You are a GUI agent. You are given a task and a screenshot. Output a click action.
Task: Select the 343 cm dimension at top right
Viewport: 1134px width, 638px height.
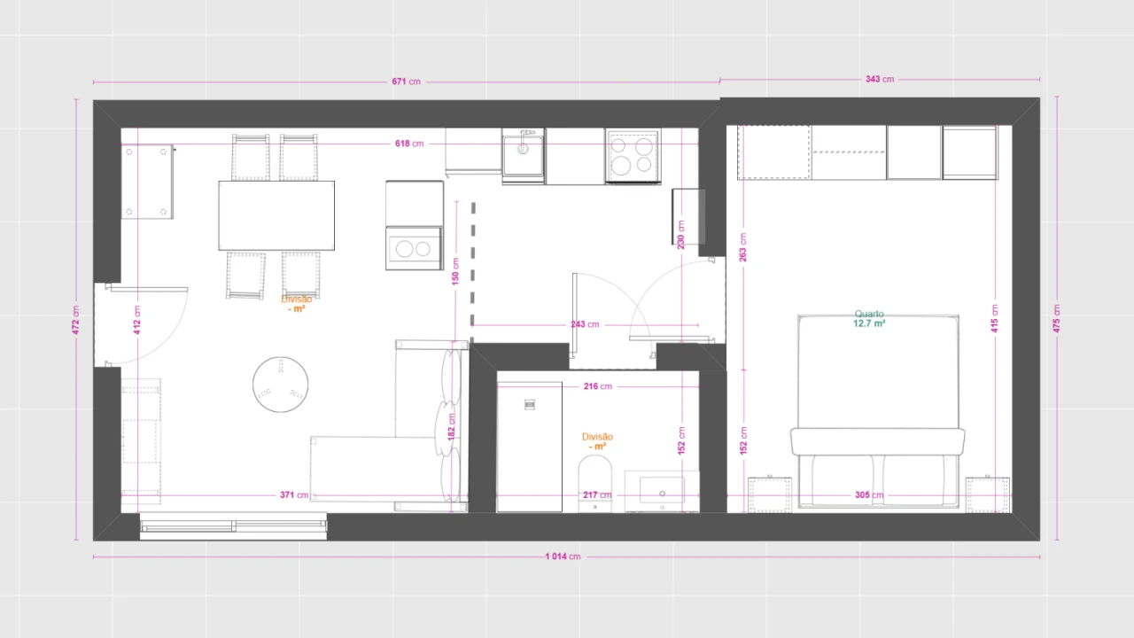coord(879,80)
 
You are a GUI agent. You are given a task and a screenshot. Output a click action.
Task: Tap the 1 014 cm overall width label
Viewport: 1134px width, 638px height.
coord(563,556)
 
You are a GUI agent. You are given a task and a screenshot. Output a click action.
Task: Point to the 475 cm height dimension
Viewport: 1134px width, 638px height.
coord(1056,319)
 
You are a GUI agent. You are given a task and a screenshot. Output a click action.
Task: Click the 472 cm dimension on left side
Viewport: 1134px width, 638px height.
coord(75,320)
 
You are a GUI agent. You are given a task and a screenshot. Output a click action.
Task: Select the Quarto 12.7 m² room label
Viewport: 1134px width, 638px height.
coord(869,319)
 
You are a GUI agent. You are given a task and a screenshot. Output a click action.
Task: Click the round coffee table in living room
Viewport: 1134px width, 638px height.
coord(280,385)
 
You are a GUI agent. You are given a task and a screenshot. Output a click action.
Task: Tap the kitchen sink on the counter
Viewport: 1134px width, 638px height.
coord(523,157)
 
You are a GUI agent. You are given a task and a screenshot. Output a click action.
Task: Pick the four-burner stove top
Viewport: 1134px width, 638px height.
coord(633,157)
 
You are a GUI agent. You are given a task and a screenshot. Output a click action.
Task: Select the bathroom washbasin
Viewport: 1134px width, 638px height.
coord(661,490)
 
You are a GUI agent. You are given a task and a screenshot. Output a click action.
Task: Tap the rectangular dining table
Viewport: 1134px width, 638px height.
coord(276,215)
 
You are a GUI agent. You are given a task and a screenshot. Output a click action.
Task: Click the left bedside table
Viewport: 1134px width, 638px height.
coord(770,494)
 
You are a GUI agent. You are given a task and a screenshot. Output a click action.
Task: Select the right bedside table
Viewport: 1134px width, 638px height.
coord(987,494)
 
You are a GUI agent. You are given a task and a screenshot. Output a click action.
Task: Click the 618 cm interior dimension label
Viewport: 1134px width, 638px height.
coord(408,144)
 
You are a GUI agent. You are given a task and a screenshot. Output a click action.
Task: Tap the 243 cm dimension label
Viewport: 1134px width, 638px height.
coord(584,324)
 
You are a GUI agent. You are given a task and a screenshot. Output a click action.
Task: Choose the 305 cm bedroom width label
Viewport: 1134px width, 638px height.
coord(868,495)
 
